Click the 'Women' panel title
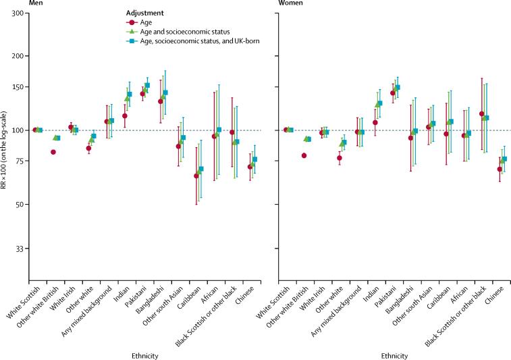pos(292,3)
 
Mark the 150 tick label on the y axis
pos(18,87)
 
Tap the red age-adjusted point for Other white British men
pos(53,152)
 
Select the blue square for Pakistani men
pos(147,85)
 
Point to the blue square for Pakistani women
pos(398,87)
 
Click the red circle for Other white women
pos(340,158)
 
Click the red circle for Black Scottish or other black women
pos(481,114)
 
